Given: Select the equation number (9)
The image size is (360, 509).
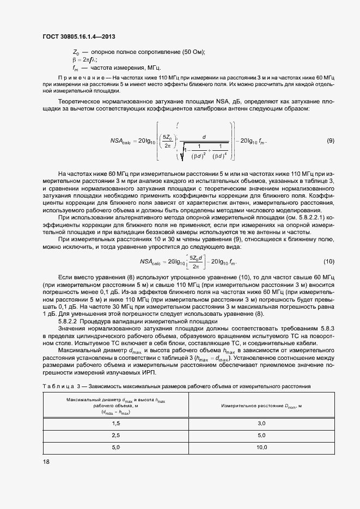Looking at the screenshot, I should (x=330, y=141).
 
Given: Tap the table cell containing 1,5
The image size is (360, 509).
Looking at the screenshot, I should (x=115, y=423).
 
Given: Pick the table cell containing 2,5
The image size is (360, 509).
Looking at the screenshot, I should (x=115, y=436).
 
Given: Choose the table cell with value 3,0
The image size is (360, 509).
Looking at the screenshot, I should (x=261, y=423).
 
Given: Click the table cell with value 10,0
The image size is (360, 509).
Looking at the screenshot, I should (x=261, y=447).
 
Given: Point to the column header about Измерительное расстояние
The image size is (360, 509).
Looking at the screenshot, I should (x=261, y=406).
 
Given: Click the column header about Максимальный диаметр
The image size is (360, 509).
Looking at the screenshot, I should (x=115, y=406).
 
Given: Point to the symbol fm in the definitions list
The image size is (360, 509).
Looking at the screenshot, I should (x=76, y=68).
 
